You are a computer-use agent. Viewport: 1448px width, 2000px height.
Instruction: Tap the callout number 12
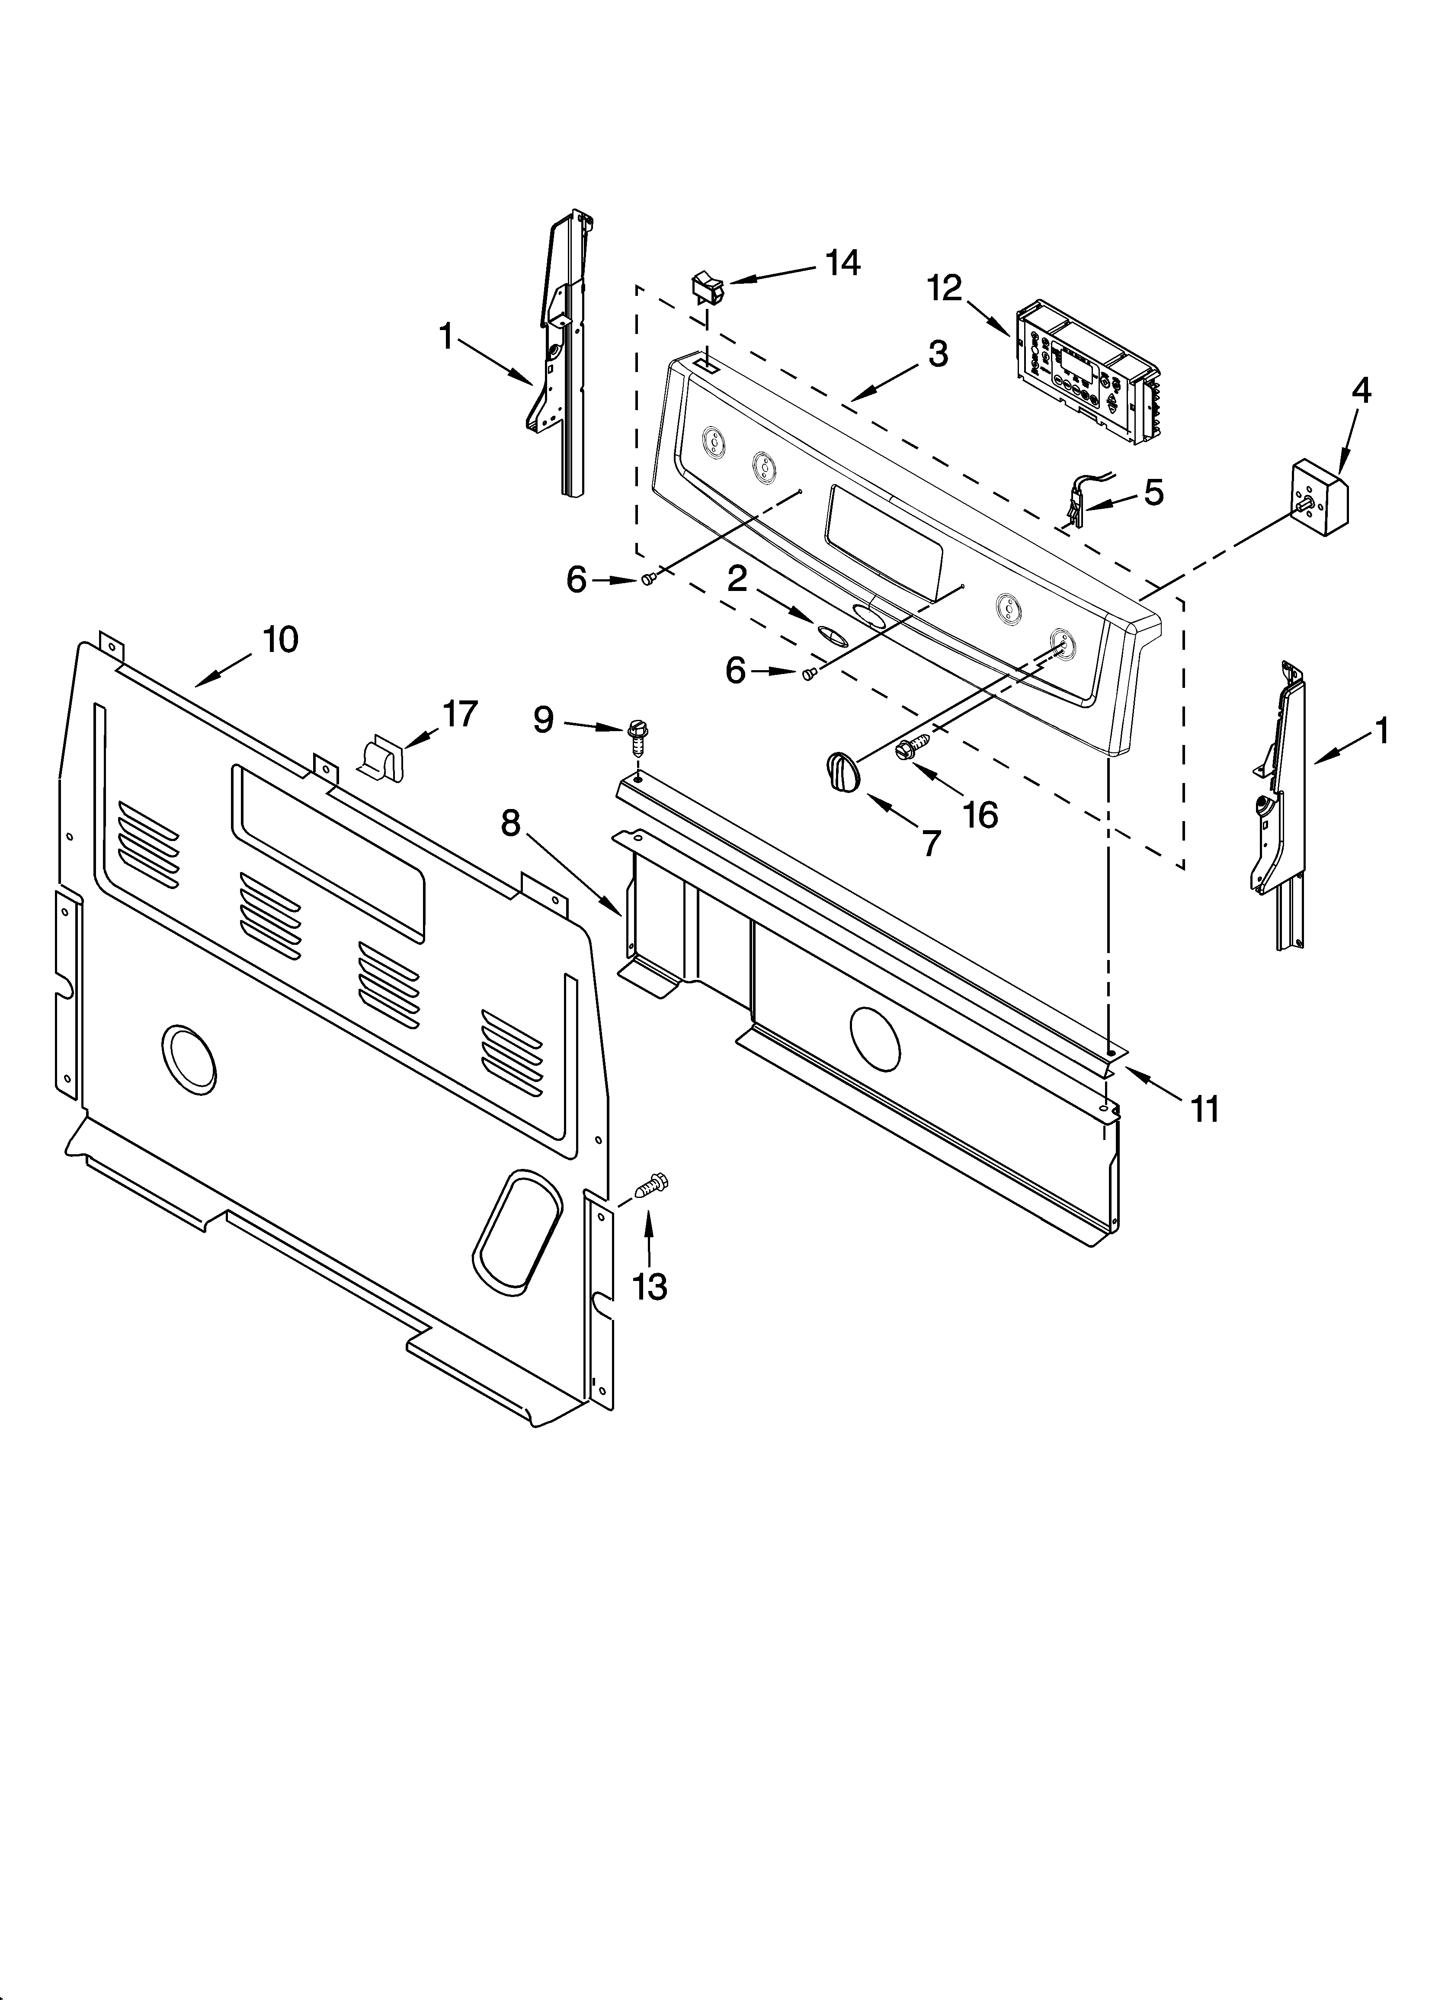pyautogui.click(x=945, y=289)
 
